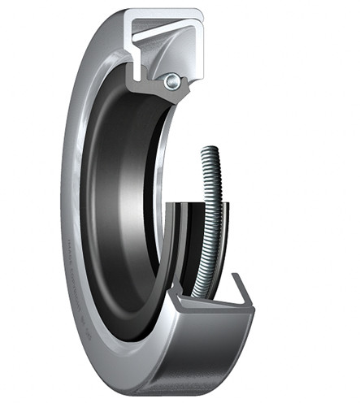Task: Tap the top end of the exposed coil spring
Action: (x=210, y=151)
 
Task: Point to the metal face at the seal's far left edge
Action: (x=67, y=203)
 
